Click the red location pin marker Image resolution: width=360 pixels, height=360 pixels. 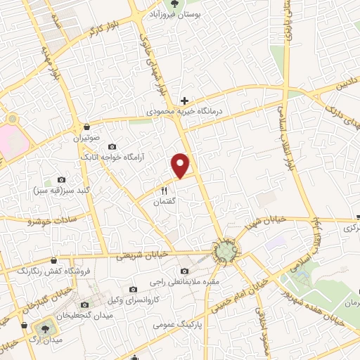181,165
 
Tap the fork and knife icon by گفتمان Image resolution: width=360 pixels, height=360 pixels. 165,189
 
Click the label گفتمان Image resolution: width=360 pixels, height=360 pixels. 165,201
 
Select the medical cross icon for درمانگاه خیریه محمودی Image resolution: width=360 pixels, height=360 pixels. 184,101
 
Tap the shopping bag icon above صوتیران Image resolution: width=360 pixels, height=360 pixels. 86,127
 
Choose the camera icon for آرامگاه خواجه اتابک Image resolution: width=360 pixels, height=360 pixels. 112,146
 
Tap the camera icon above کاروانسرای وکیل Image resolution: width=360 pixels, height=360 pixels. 133,289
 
